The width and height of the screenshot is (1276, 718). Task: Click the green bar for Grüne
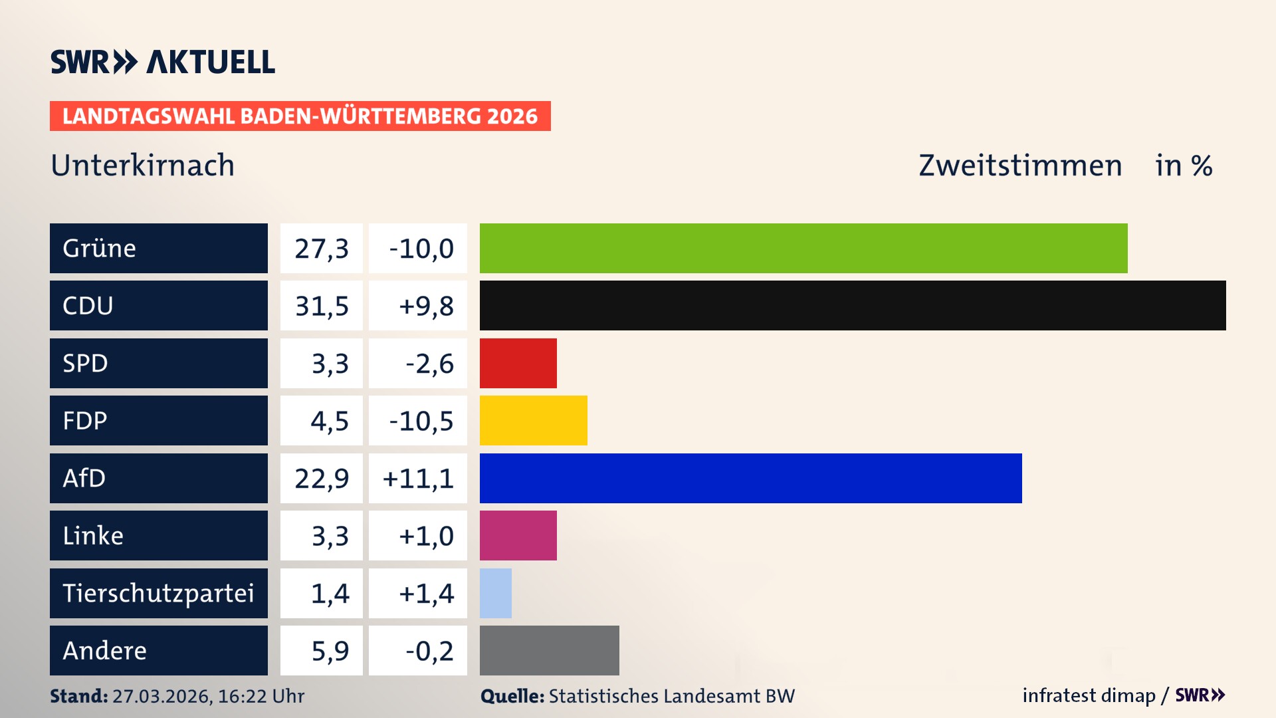tap(803, 248)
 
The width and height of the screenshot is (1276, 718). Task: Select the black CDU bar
tap(853, 306)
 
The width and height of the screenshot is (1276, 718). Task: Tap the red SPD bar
tap(518, 363)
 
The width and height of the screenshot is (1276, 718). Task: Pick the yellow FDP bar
tap(534, 420)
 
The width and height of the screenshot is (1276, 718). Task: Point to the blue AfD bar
tap(751, 478)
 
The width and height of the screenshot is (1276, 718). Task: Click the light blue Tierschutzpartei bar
tap(496, 593)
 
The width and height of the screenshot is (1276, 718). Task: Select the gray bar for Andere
tap(550, 650)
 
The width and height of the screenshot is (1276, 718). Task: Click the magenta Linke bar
tap(518, 535)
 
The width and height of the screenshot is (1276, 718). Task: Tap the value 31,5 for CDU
tap(322, 306)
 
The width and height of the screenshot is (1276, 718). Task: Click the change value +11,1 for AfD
tap(418, 478)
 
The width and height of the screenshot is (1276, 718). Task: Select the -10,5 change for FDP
tap(421, 420)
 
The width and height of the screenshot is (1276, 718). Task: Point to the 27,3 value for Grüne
tap(322, 248)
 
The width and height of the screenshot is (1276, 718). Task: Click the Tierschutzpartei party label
tap(158, 593)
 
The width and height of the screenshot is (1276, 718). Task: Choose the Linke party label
tap(93, 535)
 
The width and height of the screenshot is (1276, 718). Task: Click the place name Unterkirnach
tap(143, 166)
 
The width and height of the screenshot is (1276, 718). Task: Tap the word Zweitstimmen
tap(1020, 166)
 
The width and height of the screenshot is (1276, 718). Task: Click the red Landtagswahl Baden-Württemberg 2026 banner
tap(300, 116)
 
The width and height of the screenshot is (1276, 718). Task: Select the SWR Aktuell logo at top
tap(163, 62)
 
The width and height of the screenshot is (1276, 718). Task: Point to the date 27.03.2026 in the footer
tap(161, 696)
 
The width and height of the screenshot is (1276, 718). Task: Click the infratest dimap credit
tap(1089, 695)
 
